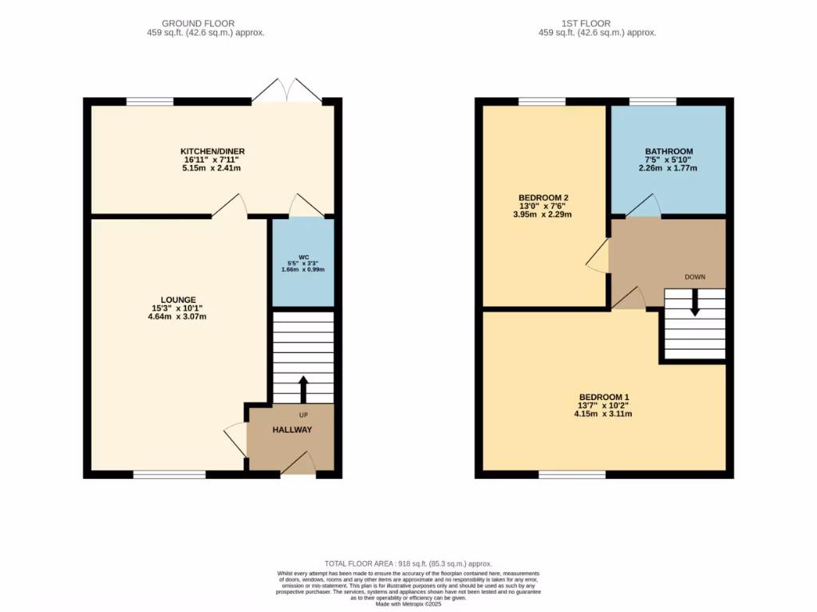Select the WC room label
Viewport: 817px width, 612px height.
pos(303,257)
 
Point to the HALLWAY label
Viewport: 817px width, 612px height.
pos(292,430)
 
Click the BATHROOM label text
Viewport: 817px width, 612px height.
pos(669,151)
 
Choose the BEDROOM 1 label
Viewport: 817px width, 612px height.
pos(605,397)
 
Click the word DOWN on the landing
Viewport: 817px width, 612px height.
pos(695,277)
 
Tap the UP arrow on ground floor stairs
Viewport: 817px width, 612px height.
pos(303,388)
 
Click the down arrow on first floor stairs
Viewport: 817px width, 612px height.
pos(694,302)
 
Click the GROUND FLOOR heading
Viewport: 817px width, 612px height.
pos(198,24)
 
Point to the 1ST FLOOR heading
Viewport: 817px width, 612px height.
pos(597,24)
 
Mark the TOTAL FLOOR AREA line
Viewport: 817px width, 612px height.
pos(408,563)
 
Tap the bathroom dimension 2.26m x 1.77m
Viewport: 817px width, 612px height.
pos(669,168)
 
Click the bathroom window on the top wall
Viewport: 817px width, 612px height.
pos(653,101)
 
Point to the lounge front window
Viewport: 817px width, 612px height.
pos(169,475)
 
